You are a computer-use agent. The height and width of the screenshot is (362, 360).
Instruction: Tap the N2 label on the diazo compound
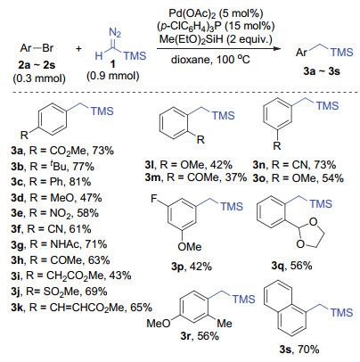click(115, 32)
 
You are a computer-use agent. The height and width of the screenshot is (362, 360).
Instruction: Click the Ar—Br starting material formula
click(37, 48)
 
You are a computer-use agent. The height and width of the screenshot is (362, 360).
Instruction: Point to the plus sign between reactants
click(78, 48)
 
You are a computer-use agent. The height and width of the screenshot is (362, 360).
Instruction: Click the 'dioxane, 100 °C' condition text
click(210, 60)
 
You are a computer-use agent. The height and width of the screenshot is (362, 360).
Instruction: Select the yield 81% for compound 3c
click(80, 182)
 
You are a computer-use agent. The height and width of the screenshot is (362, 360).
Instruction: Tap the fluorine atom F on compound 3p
click(154, 198)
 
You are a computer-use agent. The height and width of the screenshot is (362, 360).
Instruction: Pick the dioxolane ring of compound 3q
click(309, 233)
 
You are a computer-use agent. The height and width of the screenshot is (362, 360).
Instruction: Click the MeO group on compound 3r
click(159, 324)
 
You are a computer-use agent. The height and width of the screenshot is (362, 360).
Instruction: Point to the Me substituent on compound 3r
click(225, 324)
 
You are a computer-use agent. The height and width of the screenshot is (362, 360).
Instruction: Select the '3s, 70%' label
click(299, 349)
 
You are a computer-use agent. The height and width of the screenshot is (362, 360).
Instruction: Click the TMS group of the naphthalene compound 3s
click(341, 312)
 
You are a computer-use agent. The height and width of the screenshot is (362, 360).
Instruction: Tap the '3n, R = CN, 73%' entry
click(294, 165)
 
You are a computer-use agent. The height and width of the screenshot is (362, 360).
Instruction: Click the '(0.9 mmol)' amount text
click(113, 76)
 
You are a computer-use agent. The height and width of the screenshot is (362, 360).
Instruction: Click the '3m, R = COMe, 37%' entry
click(196, 177)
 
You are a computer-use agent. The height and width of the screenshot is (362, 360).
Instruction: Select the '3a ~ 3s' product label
click(322, 71)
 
